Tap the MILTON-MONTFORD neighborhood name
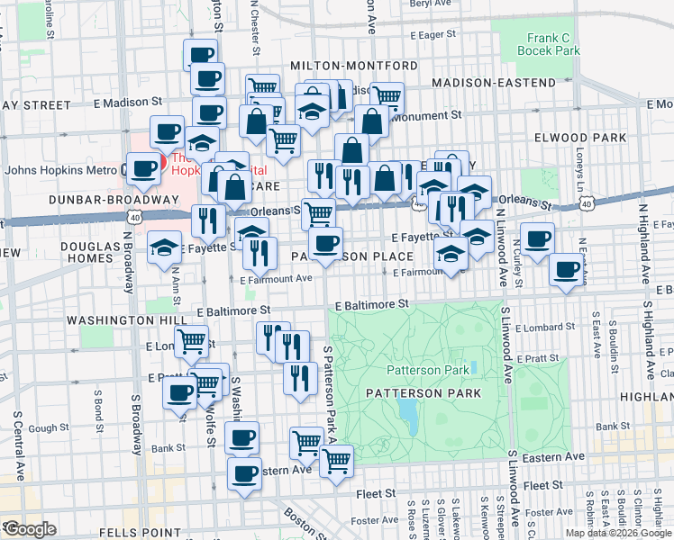354,67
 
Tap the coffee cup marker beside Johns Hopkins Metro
144,168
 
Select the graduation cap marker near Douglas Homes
164,249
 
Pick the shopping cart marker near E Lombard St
191,342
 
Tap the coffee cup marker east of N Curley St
537,239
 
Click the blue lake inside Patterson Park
407,413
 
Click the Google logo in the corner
31,529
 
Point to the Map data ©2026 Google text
618,533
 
